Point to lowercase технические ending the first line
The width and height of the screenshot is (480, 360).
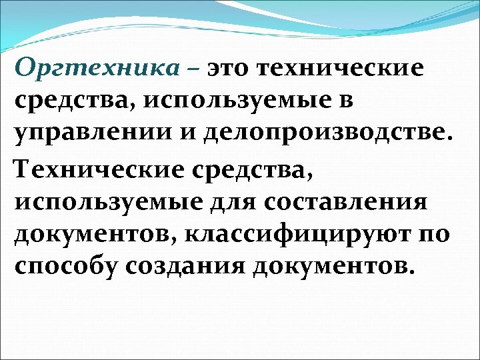point(345,69)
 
